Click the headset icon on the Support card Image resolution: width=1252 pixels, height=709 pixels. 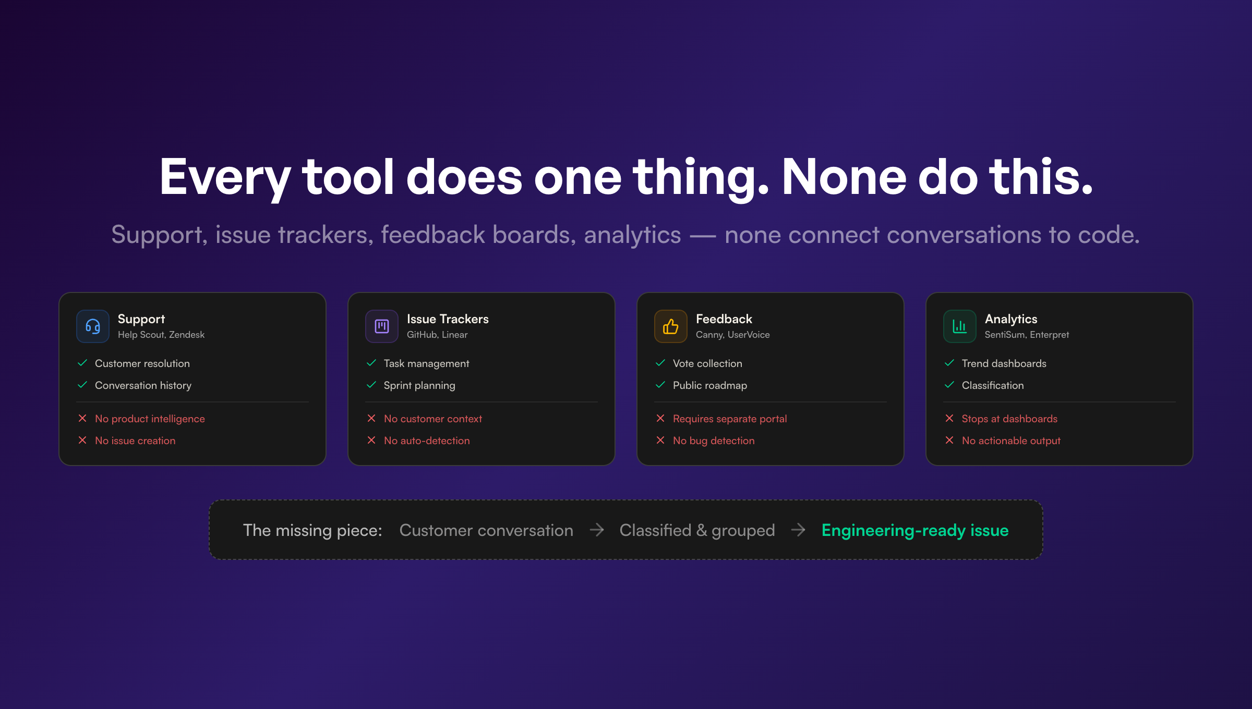(93, 326)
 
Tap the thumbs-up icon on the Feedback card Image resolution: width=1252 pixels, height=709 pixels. (670, 326)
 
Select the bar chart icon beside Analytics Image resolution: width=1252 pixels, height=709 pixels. (959, 326)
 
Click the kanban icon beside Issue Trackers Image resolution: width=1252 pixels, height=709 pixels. (382, 326)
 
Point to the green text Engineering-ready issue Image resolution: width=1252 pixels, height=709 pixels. (915, 530)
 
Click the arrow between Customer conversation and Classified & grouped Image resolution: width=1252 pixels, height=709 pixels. (597, 530)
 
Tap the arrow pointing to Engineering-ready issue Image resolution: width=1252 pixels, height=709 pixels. (798, 530)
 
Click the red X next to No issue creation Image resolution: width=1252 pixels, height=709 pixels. (82, 441)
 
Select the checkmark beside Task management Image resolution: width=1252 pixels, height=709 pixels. (371, 363)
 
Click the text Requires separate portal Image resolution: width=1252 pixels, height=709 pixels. (729, 419)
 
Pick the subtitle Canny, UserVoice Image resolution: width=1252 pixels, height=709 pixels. (732, 335)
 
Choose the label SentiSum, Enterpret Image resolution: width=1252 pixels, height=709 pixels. (1027, 335)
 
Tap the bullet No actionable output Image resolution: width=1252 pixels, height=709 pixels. (1011, 441)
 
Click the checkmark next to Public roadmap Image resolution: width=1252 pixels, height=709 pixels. (660, 385)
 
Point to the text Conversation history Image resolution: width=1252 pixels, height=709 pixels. (143, 385)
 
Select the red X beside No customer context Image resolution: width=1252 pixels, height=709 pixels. (371, 419)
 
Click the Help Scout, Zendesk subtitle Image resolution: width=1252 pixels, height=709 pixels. (161, 335)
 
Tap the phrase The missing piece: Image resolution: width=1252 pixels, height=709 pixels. (312, 530)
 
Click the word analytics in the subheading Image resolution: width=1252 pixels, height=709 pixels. (632, 235)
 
